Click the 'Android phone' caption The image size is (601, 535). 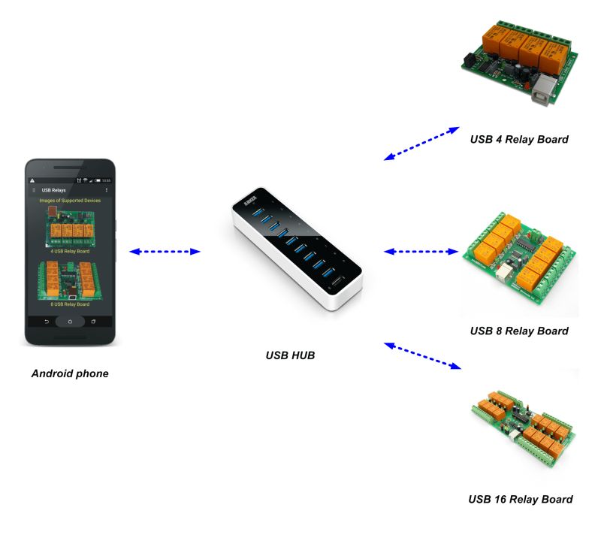(69, 373)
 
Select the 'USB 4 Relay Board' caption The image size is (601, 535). (518, 139)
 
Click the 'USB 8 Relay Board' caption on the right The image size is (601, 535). (518, 331)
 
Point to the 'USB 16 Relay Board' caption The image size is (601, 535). (520, 499)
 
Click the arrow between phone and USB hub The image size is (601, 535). (165, 252)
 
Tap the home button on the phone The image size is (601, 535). (70, 321)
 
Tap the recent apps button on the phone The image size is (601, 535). (94, 321)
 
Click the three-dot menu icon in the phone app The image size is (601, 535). (106, 190)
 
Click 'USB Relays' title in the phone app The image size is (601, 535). (53, 190)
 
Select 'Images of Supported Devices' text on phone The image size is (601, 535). (70, 201)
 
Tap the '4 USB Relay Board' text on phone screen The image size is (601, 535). (70, 251)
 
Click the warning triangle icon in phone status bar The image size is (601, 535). (32, 181)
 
